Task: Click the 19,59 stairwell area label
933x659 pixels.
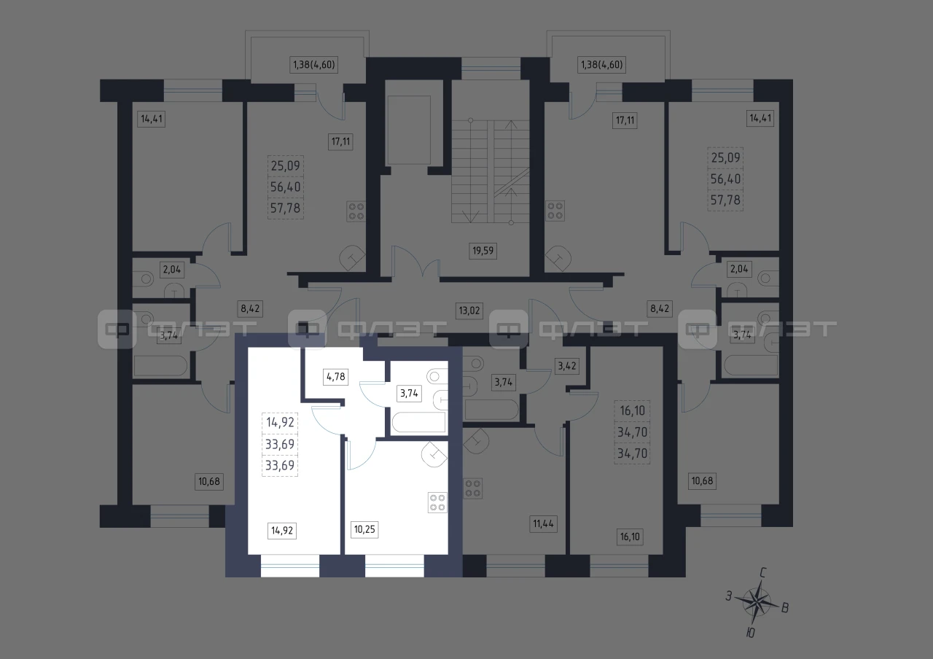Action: click(x=483, y=251)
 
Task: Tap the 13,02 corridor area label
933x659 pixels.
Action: click(x=469, y=311)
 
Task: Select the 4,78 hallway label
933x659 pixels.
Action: click(x=336, y=377)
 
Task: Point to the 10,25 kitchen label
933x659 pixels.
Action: click(x=364, y=529)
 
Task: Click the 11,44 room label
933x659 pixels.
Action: click(x=543, y=523)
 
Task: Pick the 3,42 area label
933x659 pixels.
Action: click(x=567, y=366)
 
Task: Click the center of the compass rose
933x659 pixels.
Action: click(x=757, y=602)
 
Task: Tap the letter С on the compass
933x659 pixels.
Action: click(x=763, y=573)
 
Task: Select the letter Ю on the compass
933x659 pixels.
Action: click(x=750, y=633)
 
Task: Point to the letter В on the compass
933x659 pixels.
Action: click(x=785, y=608)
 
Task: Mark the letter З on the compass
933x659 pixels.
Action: click(x=729, y=596)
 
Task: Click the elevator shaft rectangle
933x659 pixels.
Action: click(x=408, y=130)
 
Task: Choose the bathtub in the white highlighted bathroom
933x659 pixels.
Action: click(x=418, y=422)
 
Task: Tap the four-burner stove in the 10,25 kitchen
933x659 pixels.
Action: click(x=437, y=502)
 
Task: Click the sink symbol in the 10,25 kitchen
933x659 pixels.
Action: click(x=434, y=454)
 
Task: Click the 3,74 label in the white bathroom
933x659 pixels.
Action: click(x=409, y=393)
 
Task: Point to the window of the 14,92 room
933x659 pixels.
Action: click(x=290, y=566)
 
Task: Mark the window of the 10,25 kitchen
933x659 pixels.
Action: click(x=394, y=566)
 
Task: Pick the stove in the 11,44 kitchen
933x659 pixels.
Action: click(x=473, y=488)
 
